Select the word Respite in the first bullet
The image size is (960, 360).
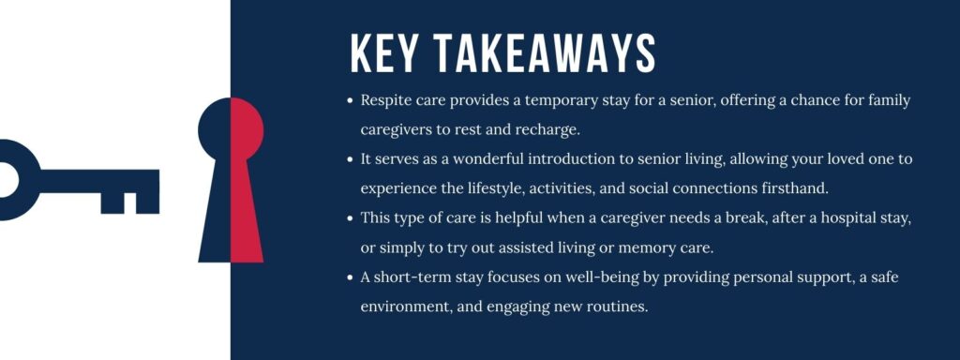(387, 100)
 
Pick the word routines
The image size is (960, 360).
(613, 307)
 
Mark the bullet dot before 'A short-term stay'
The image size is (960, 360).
(350, 277)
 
